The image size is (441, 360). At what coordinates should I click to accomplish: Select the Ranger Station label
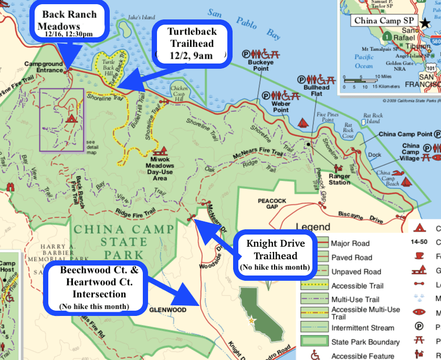point(340,179)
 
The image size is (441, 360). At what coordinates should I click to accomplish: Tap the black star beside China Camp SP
point(424,21)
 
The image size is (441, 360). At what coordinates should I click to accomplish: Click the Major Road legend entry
point(350,243)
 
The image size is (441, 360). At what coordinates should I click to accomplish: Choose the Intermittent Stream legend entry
point(362,328)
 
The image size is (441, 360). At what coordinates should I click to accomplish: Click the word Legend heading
point(313,227)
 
